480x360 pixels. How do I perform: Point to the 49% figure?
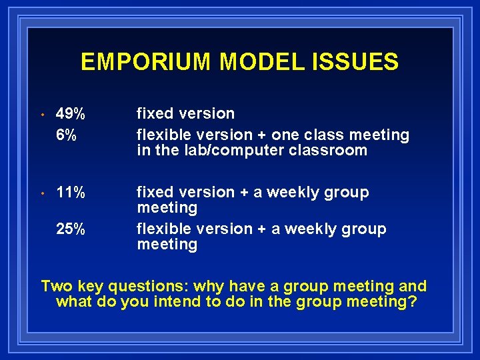pos(71,114)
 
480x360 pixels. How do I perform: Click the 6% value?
pos(66,135)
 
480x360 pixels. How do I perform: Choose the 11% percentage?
pos(71,193)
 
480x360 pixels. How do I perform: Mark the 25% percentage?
pos(71,229)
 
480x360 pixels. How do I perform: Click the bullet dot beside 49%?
pos(41,115)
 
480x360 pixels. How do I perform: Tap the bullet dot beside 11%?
pos(41,193)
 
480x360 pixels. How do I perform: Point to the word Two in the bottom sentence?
pos(56,287)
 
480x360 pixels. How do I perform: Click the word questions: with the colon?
pos(148,287)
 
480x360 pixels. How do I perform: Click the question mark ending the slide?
pos(413,302)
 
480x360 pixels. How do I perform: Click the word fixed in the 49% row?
pos(153,114)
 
